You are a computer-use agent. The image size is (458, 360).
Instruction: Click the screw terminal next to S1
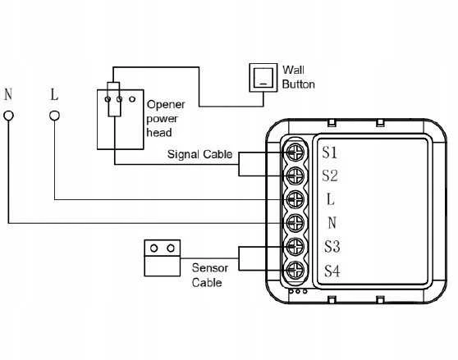point(295,152)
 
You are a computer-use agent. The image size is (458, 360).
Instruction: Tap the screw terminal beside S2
point(295,175)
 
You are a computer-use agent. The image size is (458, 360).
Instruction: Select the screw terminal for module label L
point(295,199)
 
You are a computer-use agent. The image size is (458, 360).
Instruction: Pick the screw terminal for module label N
point(295,223)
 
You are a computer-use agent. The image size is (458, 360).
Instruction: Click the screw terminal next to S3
point(295,247)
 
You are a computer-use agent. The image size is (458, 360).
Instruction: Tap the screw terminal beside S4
point(295,271)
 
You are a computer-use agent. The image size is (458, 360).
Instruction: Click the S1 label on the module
point(330,153)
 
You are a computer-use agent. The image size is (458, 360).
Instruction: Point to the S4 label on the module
point(332,271)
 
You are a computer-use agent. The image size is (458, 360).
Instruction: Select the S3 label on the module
point(332,247)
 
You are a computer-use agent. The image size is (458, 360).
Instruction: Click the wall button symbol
point(263,78)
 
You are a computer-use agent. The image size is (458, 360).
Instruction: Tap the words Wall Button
point(298,77)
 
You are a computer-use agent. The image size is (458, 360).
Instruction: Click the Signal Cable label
point(199,154)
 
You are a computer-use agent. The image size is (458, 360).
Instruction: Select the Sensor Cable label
point(209,275)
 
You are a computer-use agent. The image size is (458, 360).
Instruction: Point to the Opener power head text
point(166,118)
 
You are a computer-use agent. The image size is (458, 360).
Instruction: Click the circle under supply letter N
point(8,116)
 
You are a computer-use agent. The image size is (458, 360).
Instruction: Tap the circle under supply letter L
point(54,116)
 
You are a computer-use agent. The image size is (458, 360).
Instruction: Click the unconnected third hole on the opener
point(132,99)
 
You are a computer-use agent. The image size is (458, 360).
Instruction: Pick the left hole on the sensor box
point(154,248)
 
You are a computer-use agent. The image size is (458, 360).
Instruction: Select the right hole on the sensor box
point(171,248)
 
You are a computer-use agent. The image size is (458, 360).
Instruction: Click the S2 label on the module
point(330,176)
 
